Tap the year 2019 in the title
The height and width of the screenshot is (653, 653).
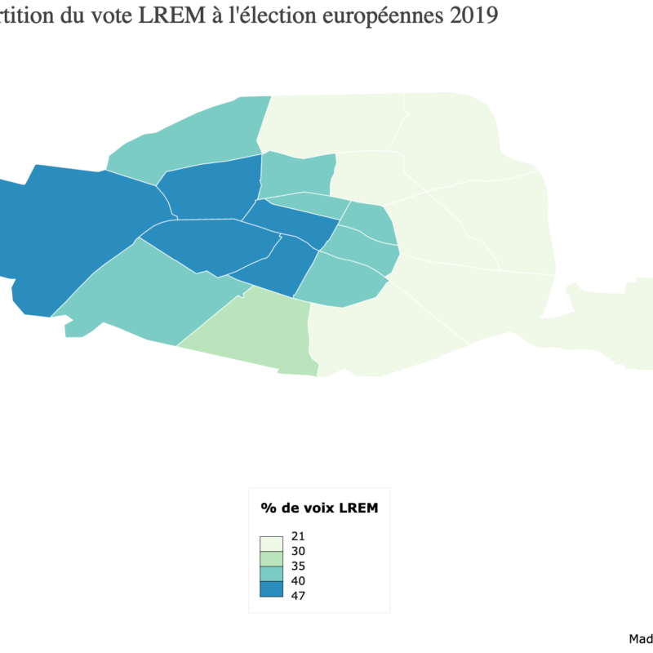coord(471,16)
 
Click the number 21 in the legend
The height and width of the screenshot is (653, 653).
coord(297,536)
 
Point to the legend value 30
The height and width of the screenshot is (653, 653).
coord(297,551)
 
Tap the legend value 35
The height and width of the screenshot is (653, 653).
coord(297,566)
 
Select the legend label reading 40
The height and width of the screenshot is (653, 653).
coord(297,580)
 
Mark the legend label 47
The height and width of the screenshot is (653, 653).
coord(297,595)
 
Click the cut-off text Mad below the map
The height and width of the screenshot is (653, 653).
coord(641,638)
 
